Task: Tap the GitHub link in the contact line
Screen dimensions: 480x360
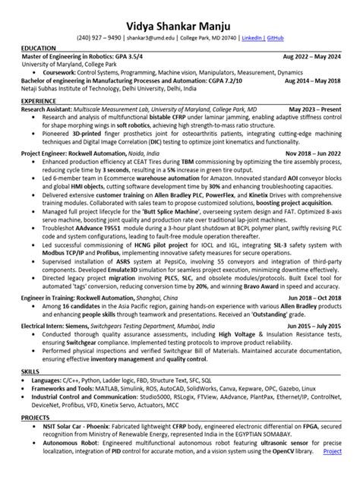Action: tap(276, 36)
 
